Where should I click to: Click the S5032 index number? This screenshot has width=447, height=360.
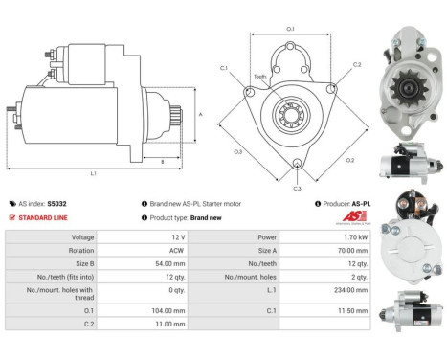point(57,204)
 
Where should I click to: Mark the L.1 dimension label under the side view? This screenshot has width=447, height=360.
point(93,173)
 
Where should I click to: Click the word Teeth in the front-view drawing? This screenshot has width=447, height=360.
point(259,76)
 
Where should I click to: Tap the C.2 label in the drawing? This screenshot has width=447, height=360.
point(356,65)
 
